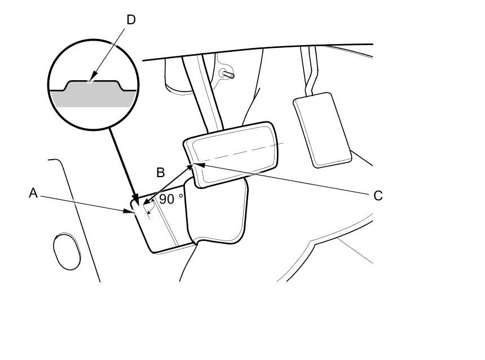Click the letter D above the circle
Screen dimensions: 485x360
coord(131,20)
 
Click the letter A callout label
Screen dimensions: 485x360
coord(33,193)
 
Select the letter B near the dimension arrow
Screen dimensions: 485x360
coord(161,172)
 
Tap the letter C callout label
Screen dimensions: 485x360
coord(378,196)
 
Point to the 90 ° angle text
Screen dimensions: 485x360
coord(171,199)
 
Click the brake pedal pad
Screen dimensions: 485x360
coord(236,152)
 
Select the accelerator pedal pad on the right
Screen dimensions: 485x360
coord(322,129)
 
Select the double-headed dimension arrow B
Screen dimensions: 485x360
coord(168,183)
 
